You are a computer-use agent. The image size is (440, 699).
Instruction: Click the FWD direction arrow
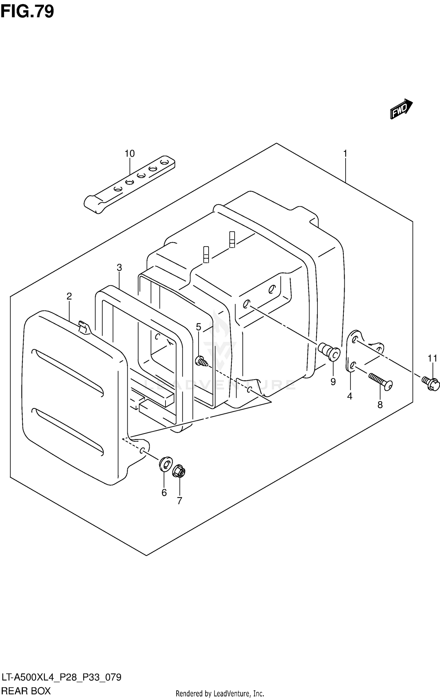(x=401, y=109)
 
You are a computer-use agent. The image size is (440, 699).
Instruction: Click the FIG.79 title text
(x=27, y=12)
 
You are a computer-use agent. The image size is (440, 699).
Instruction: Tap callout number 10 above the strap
(x=129, y=154)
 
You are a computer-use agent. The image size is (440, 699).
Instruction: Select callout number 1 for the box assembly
(x=345, y=154)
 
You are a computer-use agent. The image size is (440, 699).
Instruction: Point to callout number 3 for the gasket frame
(x=119, y=268)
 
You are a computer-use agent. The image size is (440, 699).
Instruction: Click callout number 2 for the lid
(x=69, y=296)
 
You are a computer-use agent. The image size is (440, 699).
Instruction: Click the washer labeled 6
(x=165, y=464)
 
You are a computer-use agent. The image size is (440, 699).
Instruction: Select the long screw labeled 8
(x=381, y=382)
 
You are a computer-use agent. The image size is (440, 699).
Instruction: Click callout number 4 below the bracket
(x=349, y=397)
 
